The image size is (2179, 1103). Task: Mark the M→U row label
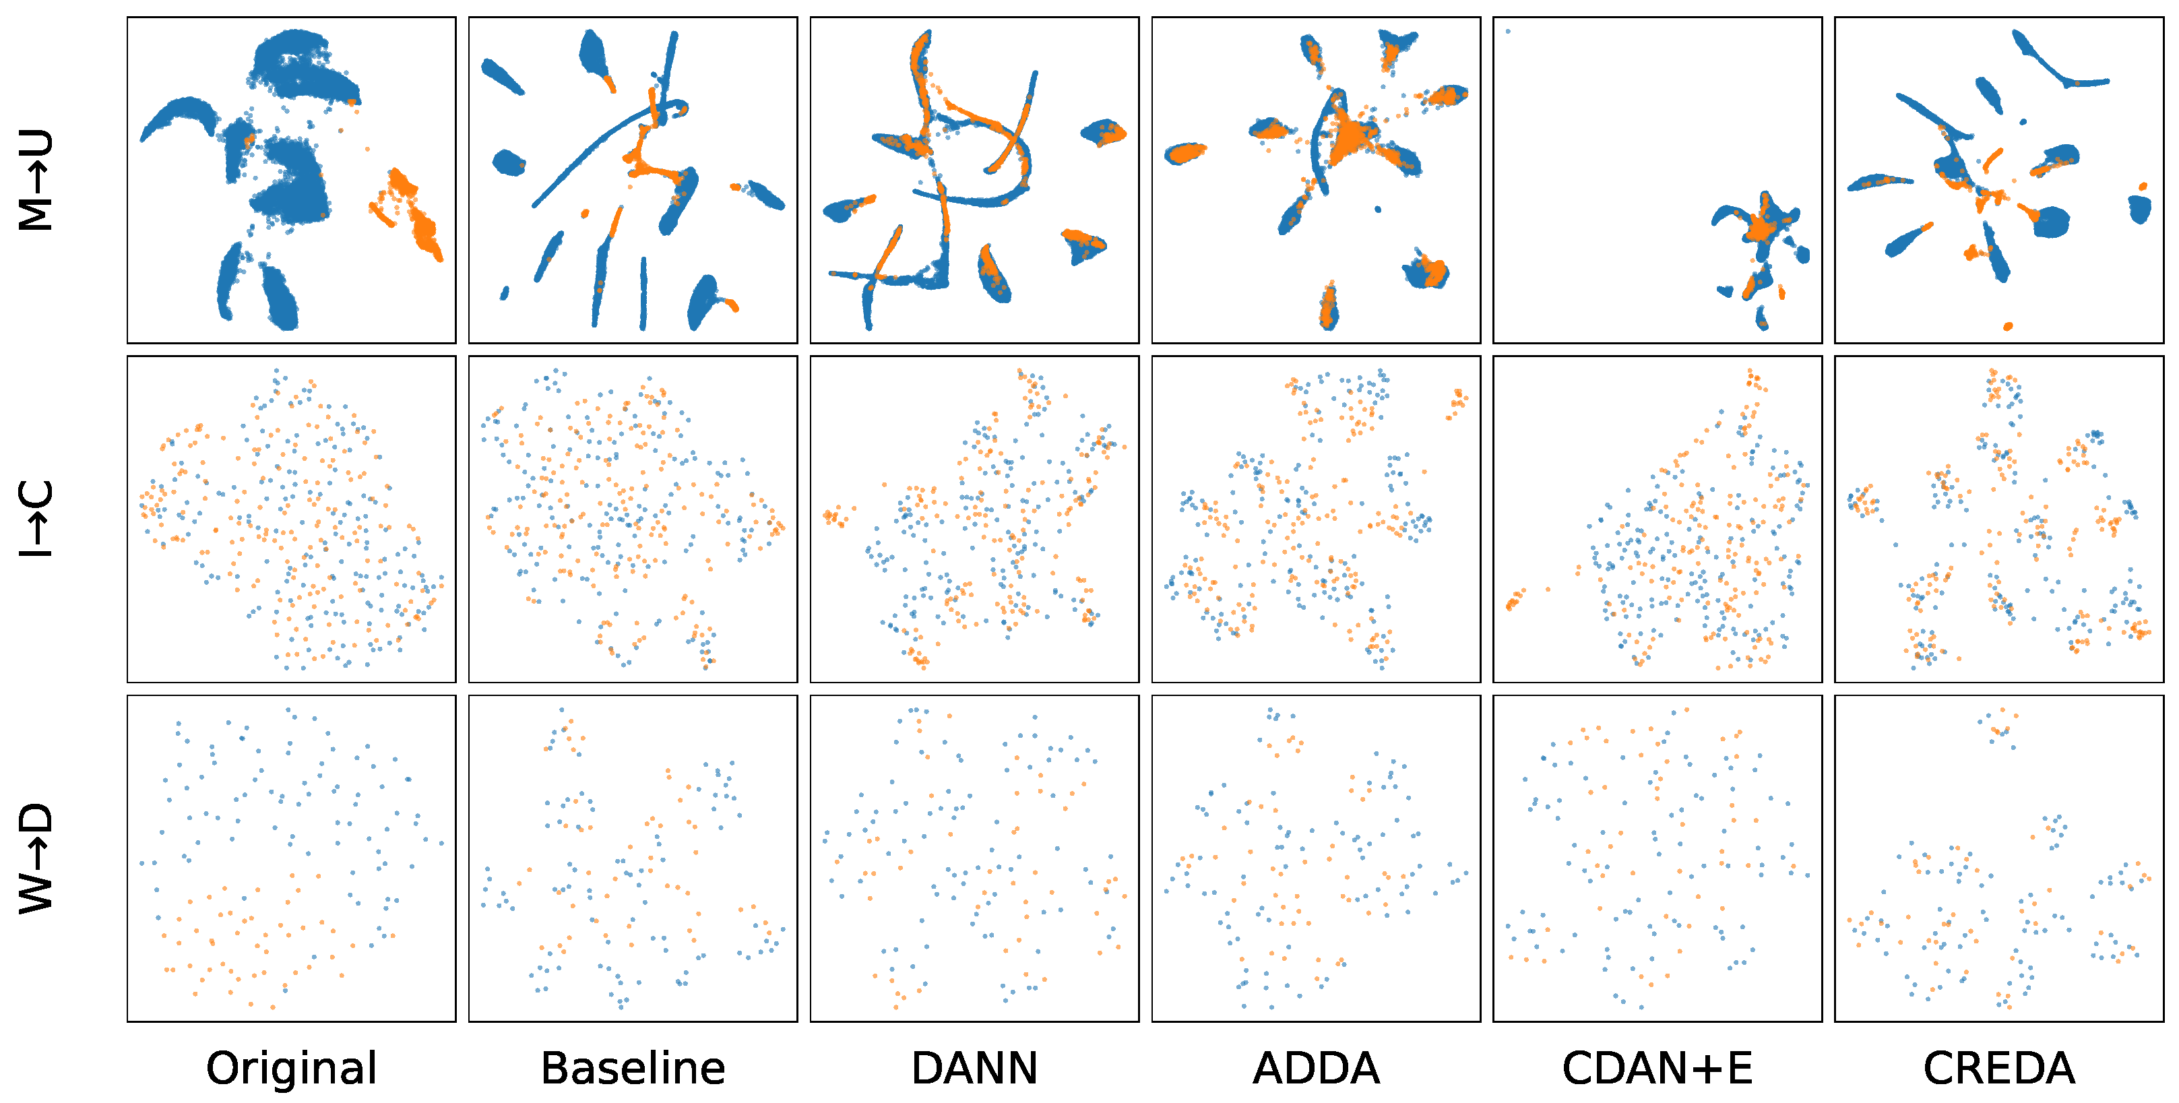coord(36,180)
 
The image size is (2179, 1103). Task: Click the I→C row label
coord(36,519)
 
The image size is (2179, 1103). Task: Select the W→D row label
coord(36,858)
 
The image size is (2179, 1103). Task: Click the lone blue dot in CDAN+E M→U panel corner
coord(1508,31)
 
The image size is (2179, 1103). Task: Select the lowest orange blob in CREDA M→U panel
coord(2008,325)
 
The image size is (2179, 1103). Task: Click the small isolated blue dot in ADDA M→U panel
coord(1378,209)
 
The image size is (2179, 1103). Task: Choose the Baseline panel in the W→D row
coord(633,858)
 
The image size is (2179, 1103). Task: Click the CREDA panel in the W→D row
coord(1999,858)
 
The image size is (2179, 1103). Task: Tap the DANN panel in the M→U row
coord(974,180)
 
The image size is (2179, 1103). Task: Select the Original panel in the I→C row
coord(291,519)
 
